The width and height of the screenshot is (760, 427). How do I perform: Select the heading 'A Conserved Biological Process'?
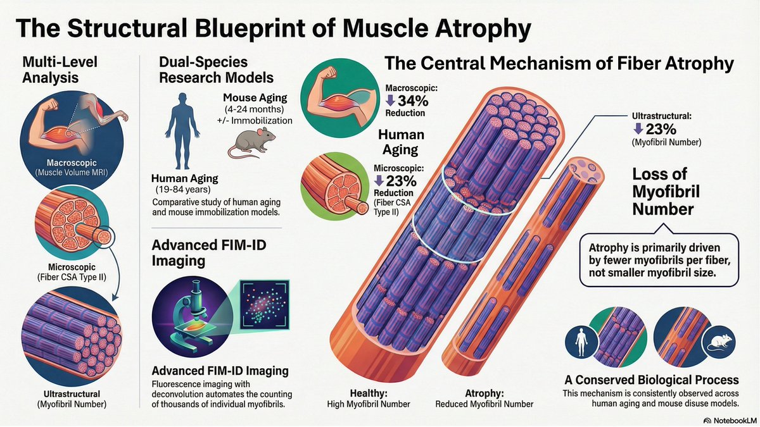[x=652, y=380]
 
